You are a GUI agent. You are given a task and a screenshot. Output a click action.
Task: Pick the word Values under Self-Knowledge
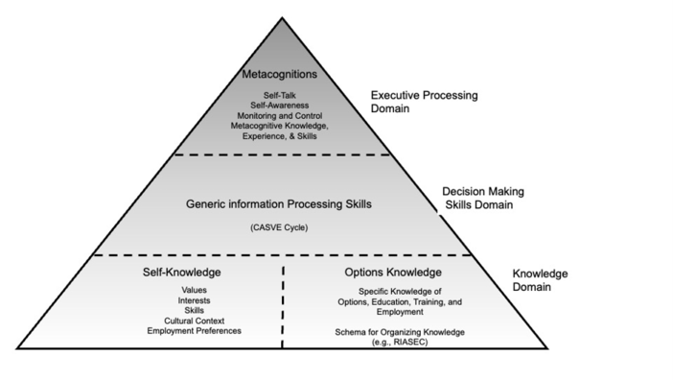tap(194, 290)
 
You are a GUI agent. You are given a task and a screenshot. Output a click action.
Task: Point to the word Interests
tap(194, 300)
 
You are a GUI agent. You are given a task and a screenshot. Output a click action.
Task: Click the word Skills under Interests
tap(194, 310)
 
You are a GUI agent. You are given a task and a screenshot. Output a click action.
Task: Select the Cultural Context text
tap(194, 321)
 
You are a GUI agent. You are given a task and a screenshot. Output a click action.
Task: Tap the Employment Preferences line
tap(194, 330)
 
